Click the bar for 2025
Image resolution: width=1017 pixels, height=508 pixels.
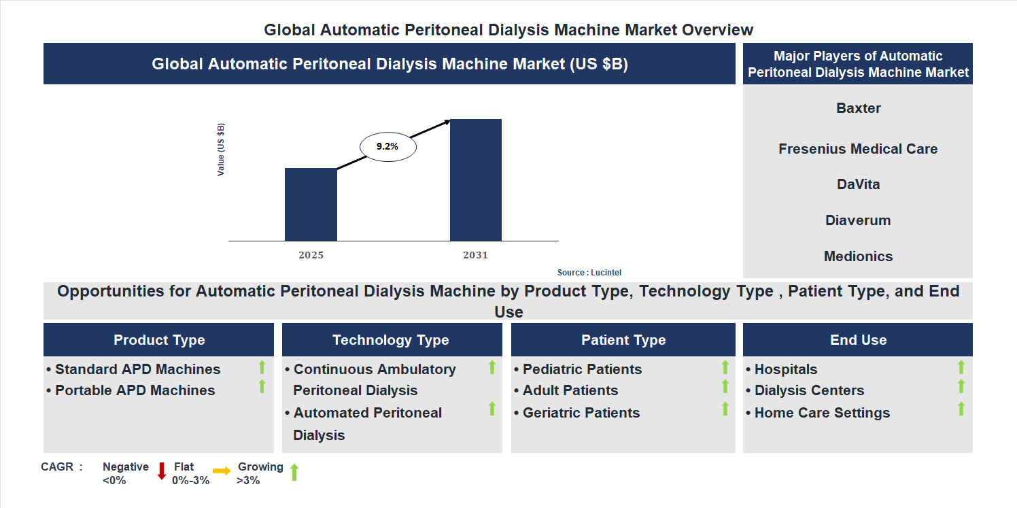point(311,204)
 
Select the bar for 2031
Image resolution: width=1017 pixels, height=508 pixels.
point(476,180)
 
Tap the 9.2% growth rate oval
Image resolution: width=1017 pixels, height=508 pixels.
point(387,146)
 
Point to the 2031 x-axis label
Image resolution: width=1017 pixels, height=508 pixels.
point(476,256)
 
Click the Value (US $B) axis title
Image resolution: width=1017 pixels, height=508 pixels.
point(221,150)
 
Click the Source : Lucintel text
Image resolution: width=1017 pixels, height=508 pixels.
point(589,273)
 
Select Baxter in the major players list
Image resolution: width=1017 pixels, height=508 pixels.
point(859,108)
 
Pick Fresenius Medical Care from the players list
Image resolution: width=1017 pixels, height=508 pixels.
point(858,149)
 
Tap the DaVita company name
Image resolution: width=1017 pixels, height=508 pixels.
point(858,184)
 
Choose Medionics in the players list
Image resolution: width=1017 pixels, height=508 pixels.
point(858,256)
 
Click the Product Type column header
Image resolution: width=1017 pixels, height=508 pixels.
point(159,340)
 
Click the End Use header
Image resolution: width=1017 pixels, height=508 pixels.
point(858,340)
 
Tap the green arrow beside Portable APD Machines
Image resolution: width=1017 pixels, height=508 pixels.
point(262,387)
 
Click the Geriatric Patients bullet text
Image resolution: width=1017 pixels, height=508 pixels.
point(581,413)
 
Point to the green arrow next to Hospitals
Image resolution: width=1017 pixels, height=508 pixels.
point(961,367)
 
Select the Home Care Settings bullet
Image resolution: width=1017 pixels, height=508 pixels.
point(822,413)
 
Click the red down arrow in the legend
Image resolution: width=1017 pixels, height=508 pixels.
point(162,471)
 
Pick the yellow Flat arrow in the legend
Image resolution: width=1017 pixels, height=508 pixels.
point(222,471)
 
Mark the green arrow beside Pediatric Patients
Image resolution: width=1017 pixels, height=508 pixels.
point(725,367)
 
